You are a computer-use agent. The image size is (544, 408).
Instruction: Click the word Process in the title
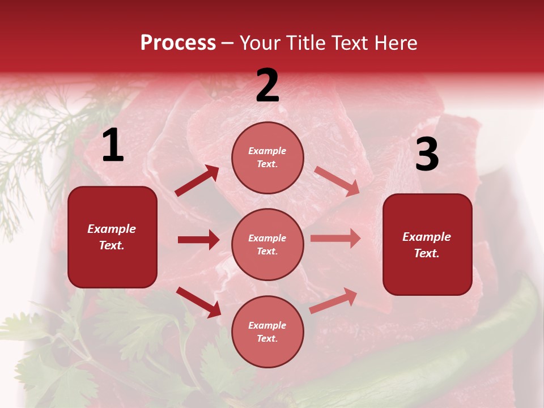[x=178, y=43]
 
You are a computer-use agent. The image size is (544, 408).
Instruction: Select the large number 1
[x=113, y=146]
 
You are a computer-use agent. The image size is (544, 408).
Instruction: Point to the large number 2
[x=267, y=86]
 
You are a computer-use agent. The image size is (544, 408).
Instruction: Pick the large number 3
[x=427, y=154]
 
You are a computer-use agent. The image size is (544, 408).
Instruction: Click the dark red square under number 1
[x=112, y=237]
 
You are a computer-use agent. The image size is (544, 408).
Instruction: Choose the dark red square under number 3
[x=427, y=244]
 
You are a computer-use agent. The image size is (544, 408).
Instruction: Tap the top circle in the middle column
[x=267, y=158]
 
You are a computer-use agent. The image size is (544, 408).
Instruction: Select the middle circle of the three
[x=267, y=244]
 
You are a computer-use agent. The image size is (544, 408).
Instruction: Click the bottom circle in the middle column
[x=267, y=331]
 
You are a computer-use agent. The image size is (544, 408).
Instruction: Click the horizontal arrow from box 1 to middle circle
[x=198, y=240]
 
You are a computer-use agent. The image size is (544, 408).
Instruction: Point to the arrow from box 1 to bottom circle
[x=198, y=302]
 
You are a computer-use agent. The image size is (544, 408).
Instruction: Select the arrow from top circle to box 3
[x=337, y=181]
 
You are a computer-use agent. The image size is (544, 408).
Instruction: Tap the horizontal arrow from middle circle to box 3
[x=335, y=238]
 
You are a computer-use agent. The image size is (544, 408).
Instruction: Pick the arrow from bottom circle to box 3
[x=333, y=300]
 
